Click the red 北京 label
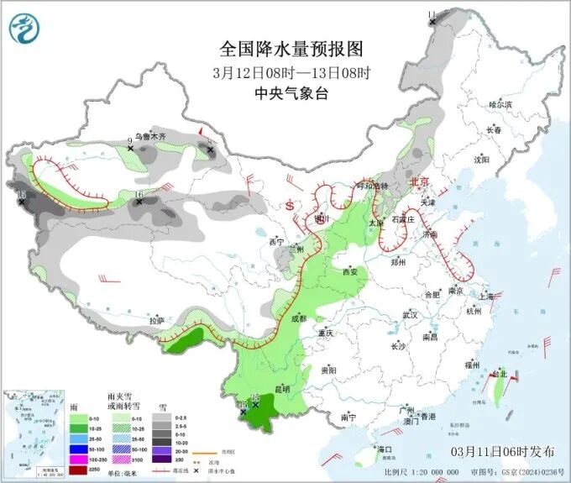coord(417,181)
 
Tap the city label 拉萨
coord(156,321)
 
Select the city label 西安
coord(349,271)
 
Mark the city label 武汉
coord(411,314)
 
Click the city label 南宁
coord(348,417)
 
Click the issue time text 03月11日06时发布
coord(502,451)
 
